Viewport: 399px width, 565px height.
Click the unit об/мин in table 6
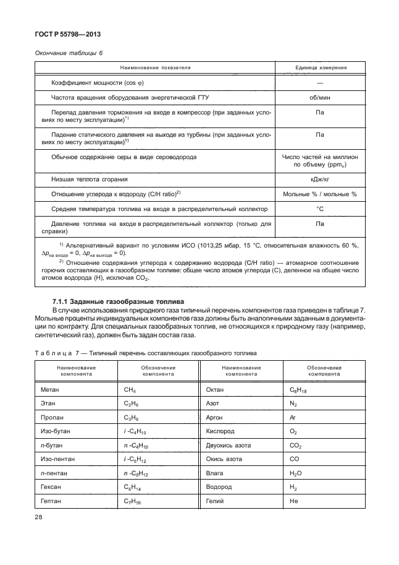coord(319,98)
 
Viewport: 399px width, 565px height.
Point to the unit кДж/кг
coord(319,179)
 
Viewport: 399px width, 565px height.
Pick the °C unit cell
coord(319,209)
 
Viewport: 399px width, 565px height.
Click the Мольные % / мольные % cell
coord(319,194)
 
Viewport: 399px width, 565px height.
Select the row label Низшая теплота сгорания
coord(90,179)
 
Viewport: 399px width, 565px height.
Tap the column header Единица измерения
coord(319,67)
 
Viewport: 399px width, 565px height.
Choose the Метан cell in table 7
coord(50,389)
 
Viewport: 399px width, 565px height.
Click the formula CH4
coord(132,390)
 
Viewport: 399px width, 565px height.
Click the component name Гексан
coord(51,486)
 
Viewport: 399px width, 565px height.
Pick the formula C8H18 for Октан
coord(298,390)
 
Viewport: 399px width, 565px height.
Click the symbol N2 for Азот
coord(293,403)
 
